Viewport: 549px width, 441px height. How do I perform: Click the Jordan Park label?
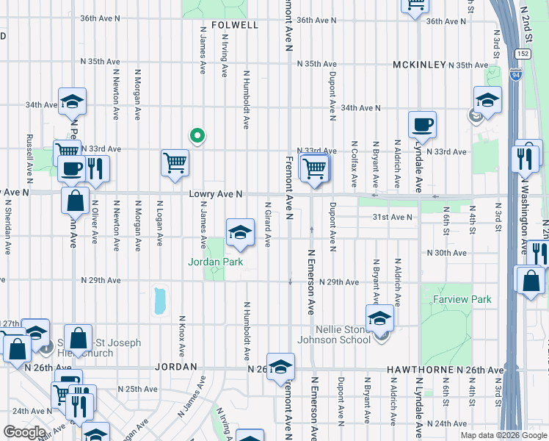215,262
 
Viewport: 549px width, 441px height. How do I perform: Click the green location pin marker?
197,136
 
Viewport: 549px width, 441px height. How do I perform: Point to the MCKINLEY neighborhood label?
419,65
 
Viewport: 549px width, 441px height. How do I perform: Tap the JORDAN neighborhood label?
175,366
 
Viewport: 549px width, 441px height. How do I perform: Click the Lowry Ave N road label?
215,194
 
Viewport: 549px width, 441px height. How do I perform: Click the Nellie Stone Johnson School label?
333,334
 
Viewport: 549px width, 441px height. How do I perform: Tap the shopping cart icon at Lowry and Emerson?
314,168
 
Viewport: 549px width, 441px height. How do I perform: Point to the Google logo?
24,432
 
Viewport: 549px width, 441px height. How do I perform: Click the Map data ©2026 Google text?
503,435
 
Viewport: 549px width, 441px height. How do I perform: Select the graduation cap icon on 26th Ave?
280,367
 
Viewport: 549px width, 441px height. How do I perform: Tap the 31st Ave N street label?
393,217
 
